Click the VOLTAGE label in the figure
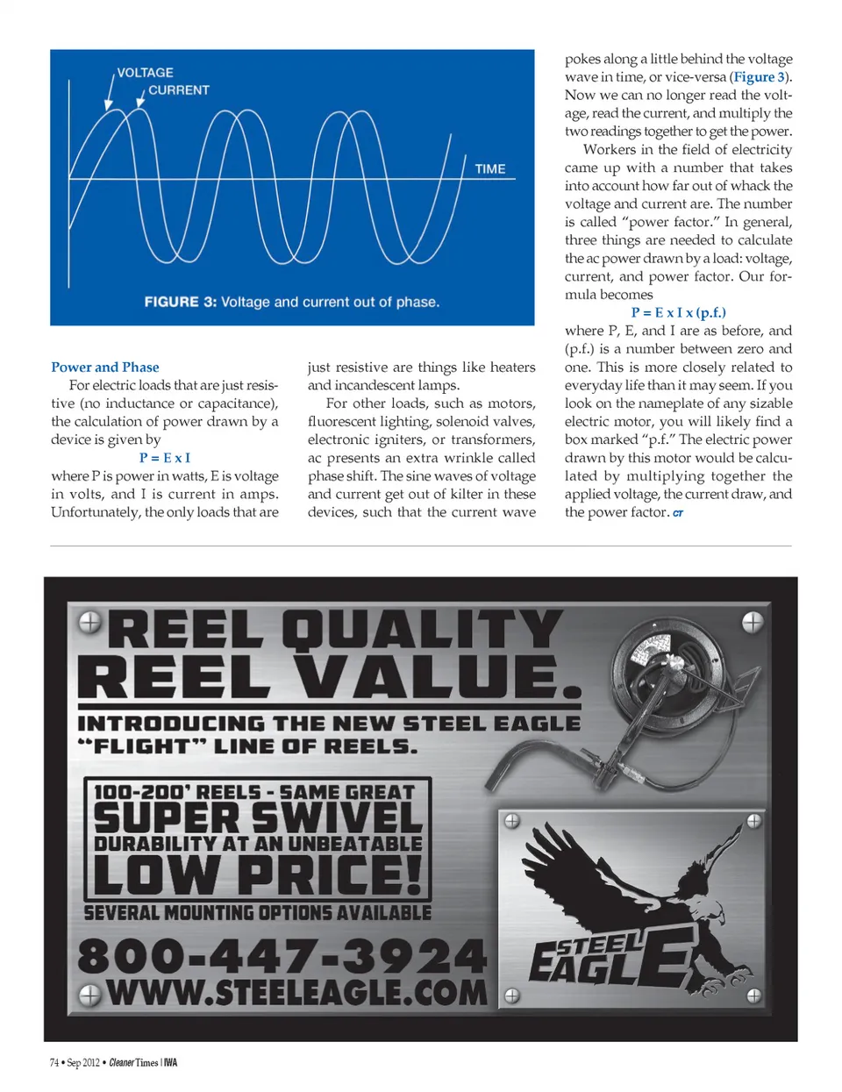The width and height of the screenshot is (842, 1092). point(146,73)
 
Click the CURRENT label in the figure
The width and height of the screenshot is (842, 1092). point(179,90)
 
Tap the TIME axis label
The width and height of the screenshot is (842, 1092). point(490,169)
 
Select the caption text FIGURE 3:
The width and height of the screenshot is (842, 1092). point(180,302)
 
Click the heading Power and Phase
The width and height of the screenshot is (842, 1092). point(105,368)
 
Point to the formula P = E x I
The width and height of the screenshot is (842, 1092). point(164,458)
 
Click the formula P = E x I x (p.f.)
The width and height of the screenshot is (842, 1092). point(678,312)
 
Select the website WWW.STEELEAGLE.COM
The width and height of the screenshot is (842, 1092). point(296,993)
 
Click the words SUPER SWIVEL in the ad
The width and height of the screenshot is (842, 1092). point(258,818)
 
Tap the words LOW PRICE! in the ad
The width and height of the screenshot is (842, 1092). point(258,874)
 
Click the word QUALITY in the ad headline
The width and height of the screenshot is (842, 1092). point(422,630)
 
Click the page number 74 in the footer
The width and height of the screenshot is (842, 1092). point(54,1063)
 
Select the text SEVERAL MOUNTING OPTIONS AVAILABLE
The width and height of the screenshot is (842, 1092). point(258,913)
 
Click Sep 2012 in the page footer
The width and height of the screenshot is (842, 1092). point(83,1063)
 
